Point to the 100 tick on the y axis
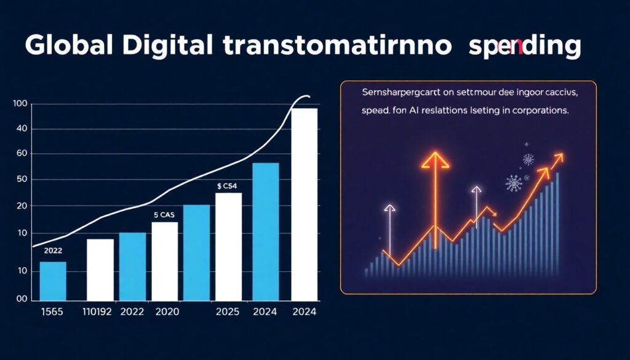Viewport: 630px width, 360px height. pos(20,104)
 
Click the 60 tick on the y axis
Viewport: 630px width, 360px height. pos(22,154)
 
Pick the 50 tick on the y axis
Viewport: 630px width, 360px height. pos(22,180)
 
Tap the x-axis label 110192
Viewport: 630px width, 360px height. pos(98,312)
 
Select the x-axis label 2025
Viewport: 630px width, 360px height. pos(228,312)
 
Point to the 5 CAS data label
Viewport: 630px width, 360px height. pos(164,215)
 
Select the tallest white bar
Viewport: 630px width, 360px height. pos(305,203)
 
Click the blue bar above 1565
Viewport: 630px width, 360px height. pos(53,281)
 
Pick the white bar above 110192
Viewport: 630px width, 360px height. pos(100,269)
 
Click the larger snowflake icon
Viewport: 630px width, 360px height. pos(513,183)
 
